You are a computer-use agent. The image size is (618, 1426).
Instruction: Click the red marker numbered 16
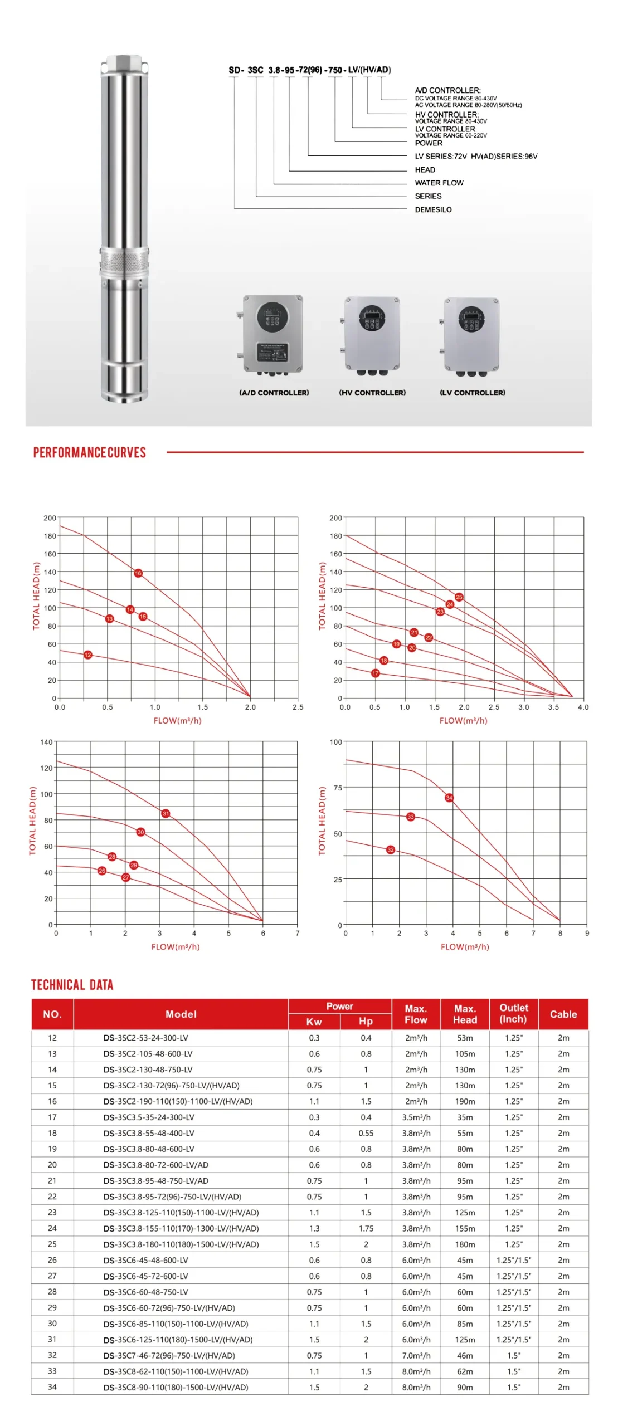138,573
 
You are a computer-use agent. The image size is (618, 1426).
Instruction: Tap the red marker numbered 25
459,597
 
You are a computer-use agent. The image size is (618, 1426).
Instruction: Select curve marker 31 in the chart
166,813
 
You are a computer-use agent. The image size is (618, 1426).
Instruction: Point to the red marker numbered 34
449,798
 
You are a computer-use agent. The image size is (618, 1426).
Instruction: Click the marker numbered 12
87,655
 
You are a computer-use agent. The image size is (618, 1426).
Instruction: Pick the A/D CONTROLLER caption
274,393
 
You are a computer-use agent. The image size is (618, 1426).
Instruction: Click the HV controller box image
372,334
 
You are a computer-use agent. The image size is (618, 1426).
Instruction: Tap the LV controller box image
471,334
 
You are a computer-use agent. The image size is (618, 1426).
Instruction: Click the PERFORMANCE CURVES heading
89,452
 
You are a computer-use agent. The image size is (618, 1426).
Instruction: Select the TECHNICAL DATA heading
72,985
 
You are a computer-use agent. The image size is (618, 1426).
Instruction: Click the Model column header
181,1014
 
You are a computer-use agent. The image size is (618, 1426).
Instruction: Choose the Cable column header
563,1014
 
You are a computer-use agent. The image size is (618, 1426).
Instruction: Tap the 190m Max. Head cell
465,1101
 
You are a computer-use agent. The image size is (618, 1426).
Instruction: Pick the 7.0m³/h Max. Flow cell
416,1355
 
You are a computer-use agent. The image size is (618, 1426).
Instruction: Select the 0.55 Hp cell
366,1133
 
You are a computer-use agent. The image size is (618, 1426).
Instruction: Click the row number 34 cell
52,1387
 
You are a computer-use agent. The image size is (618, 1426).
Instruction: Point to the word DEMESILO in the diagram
433,209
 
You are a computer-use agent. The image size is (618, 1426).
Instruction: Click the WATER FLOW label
439,183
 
